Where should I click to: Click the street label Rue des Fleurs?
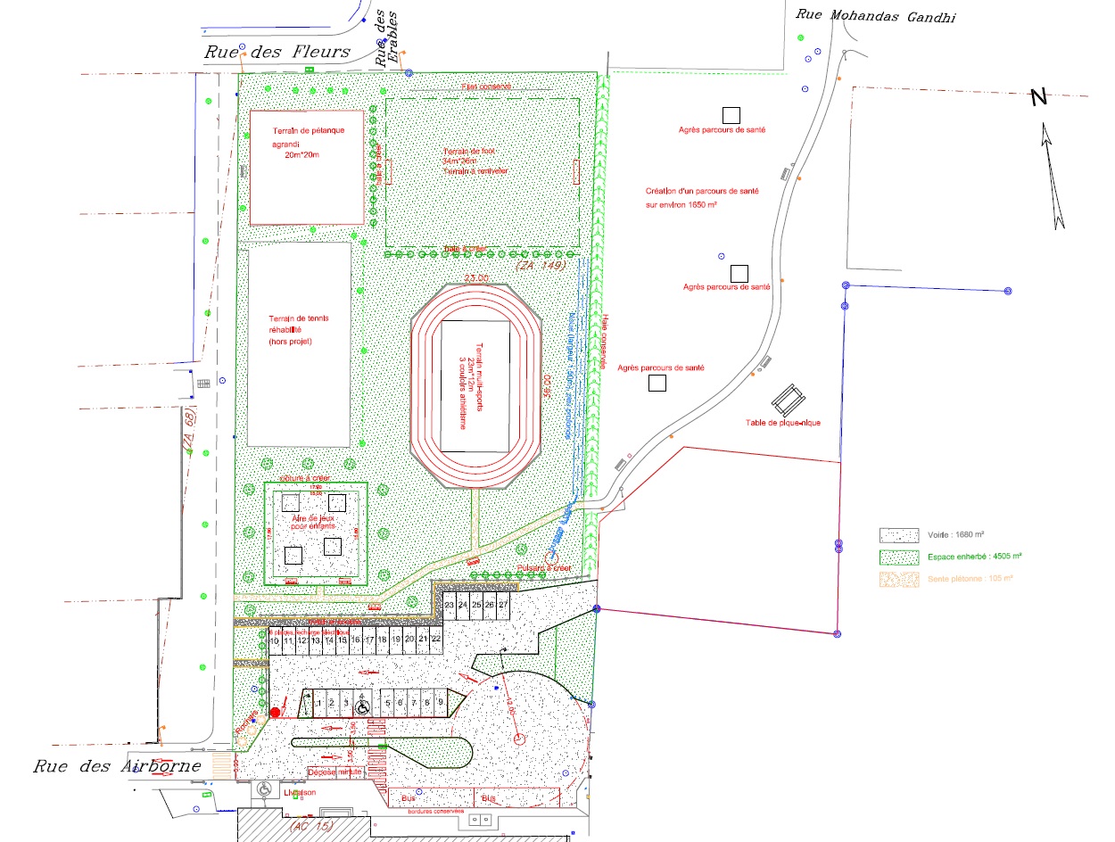[277, 52]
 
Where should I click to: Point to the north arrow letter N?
[1038, 97]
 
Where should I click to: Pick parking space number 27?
[503, 605]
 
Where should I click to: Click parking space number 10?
[276, 640]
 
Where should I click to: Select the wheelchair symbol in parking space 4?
[364, 706]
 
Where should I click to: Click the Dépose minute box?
[334, 772]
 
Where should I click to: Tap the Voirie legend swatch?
[899, 535]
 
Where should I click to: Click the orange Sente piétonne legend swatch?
[899, 579]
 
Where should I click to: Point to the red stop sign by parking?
[276, 712]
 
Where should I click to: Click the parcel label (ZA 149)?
[541, 266]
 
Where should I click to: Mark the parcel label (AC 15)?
[311, 827]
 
